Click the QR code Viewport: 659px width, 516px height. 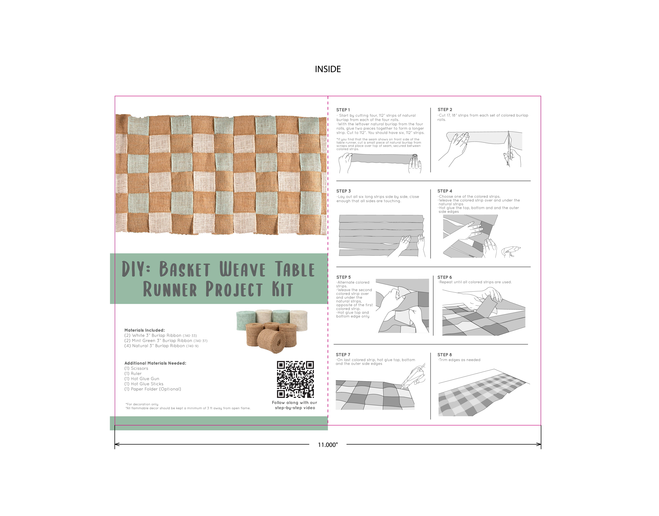[295, 380]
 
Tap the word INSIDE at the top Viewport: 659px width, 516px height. [328, 69]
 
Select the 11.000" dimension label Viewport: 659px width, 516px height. [328, 445]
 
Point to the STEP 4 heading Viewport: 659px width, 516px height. [445, 191]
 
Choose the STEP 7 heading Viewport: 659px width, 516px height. [343, 355]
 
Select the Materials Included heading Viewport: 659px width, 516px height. [145, 330]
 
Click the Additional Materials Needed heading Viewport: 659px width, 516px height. [155, 363]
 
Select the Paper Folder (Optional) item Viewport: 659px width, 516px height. [153, 389]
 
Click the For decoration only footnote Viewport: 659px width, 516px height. [142, 404]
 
